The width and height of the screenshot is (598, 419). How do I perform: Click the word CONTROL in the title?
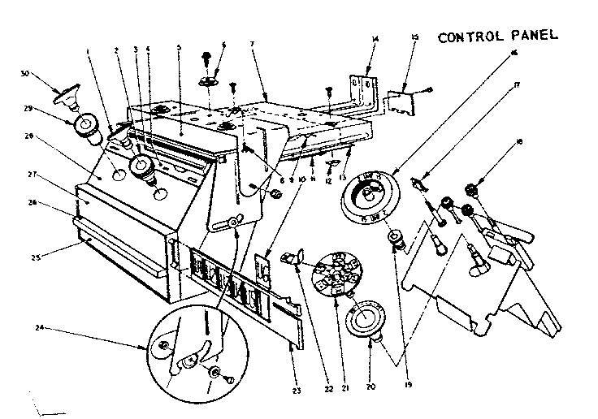[x=466, y=37]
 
